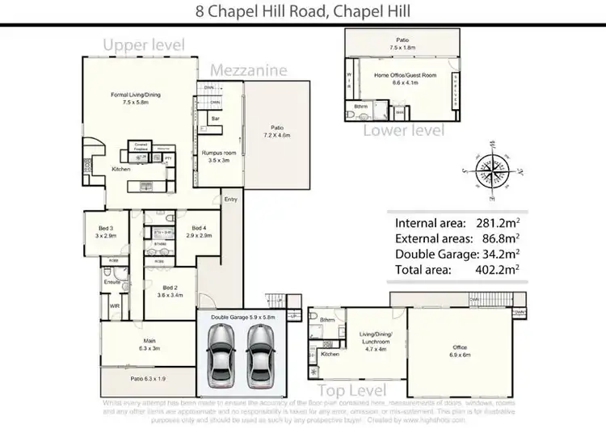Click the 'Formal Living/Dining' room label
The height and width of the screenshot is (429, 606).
[x=136, y=99]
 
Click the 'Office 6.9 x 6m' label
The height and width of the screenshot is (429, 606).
[x=458, y=349]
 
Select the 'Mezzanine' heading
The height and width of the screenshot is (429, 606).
[x=249, y=70]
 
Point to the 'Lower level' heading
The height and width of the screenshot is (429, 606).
[x=402, y=130]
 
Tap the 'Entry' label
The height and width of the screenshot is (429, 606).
[x=231, y=199]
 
